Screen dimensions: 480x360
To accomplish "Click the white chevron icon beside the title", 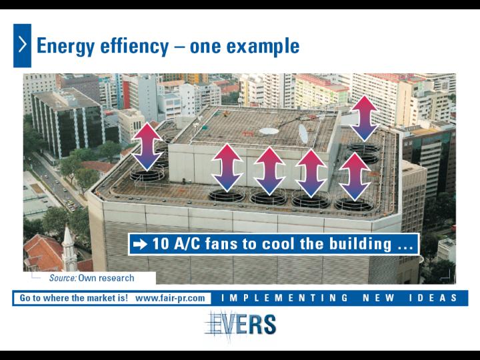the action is (x=23, y=45).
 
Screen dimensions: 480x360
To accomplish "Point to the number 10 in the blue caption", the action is (x=161, y=244).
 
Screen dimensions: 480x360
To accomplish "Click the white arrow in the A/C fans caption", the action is (x=140, y=244).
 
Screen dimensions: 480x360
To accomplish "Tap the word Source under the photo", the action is (x=63, y=278).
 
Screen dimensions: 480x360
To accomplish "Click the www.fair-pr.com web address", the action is (x=170, y=298).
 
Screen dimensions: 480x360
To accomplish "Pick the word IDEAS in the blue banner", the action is (x=433, y=298).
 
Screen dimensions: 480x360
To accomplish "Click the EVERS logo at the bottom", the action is (x=241, y=325).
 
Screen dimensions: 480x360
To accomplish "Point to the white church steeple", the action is (x=69, y=248).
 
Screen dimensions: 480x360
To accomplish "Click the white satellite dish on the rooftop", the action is (x=303, y=134).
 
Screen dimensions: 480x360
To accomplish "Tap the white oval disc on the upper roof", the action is (x=269, y=131).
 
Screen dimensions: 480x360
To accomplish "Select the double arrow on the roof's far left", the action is (x=147, y=146).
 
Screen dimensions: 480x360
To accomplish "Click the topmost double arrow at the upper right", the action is (x=364, y=118).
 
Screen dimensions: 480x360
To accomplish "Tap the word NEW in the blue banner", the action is (x=379, y=298).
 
